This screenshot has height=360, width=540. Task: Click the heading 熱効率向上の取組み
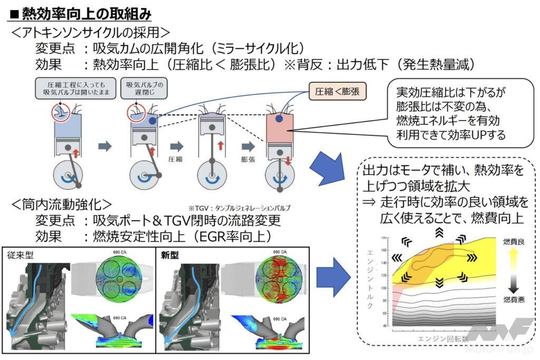(x=80, y=11)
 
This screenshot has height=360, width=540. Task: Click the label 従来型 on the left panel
(x=20, y=255)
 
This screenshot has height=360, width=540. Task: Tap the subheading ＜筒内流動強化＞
(x=61, y=203)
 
